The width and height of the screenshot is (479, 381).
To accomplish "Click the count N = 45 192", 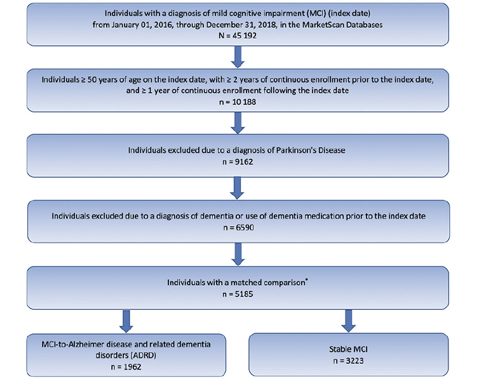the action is coord(238,36).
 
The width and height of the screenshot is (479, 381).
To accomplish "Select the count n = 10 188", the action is coord(238,102).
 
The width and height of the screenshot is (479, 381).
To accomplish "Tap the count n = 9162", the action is coord(238,162).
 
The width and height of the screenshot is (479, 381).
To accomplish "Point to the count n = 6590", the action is coord(238,228).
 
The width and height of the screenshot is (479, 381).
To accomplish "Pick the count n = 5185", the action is coord(238,294).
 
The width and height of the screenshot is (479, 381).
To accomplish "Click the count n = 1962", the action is coord(126,366).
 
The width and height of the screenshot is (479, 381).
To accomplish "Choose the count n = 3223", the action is coord(348,361).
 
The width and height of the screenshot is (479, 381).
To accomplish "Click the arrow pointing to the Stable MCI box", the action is coord(348,321).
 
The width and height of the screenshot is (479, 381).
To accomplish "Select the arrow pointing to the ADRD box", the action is coord(126,321).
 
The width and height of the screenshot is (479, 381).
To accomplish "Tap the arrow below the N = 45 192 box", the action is coord(238,57).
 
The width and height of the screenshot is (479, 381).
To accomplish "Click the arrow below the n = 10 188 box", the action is coord(238,123).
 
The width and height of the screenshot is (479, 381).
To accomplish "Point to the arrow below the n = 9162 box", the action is coord(237,189).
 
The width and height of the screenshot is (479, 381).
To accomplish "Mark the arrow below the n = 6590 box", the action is coord(238,254).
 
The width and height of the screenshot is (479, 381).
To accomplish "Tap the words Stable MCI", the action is coord(348,349).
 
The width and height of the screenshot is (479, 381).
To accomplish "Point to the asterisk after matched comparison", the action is coord(306,280).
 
